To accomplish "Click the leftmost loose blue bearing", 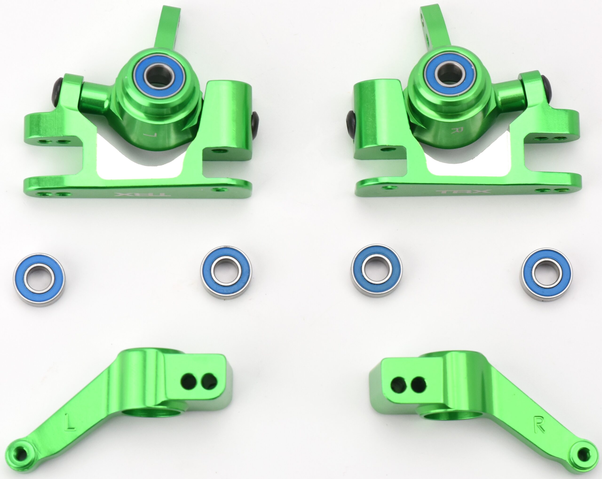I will pos(39,279).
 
